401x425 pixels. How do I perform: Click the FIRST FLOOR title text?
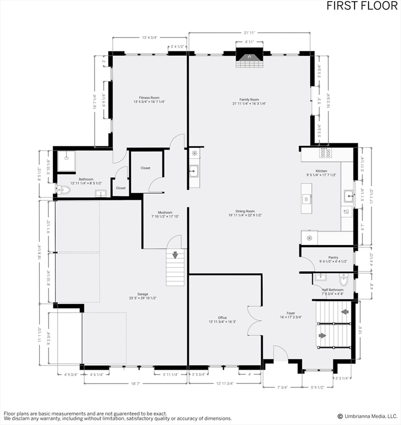pos(361,6)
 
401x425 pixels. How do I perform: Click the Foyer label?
pos(291,314)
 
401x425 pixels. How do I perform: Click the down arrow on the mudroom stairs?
pos(176,255)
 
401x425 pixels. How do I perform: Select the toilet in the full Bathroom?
pos(64,189)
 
